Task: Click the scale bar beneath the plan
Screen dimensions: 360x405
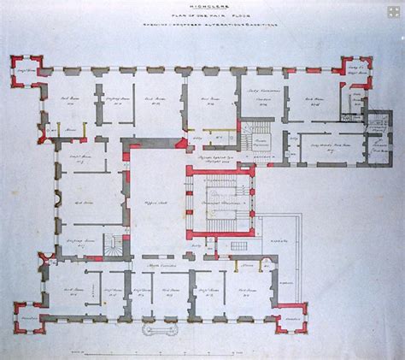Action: [x=202, y=349]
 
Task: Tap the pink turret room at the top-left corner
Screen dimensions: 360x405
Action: [x=26, y=73]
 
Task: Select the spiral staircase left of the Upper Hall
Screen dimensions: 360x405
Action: [x=114, y=248]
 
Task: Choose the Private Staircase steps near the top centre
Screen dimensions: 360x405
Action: [x=254, y=133]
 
